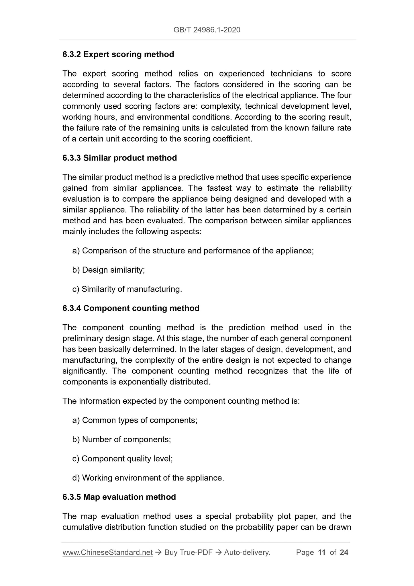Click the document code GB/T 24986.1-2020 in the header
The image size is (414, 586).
pos(207,30)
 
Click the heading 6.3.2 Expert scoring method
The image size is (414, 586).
pos(118,54)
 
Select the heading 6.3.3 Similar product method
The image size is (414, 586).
pos(119,158)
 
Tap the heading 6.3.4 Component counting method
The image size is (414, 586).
pos(131,308)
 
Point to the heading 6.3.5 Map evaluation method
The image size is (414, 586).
pos(119,497)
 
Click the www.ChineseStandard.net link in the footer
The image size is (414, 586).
pos(107,552)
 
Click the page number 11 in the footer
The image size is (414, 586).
pos(322,552)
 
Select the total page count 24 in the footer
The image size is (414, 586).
pos(344,552)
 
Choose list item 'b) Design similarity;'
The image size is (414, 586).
pos(109,270)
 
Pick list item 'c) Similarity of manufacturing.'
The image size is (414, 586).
pos(127,289)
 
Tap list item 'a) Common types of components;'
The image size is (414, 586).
pos(135,420)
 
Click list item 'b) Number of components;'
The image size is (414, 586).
pos(121,439)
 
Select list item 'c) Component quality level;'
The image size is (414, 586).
pos(123,459)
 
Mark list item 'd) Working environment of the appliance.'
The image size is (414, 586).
pos(148,478)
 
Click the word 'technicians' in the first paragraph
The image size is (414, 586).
pos(291,74)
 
